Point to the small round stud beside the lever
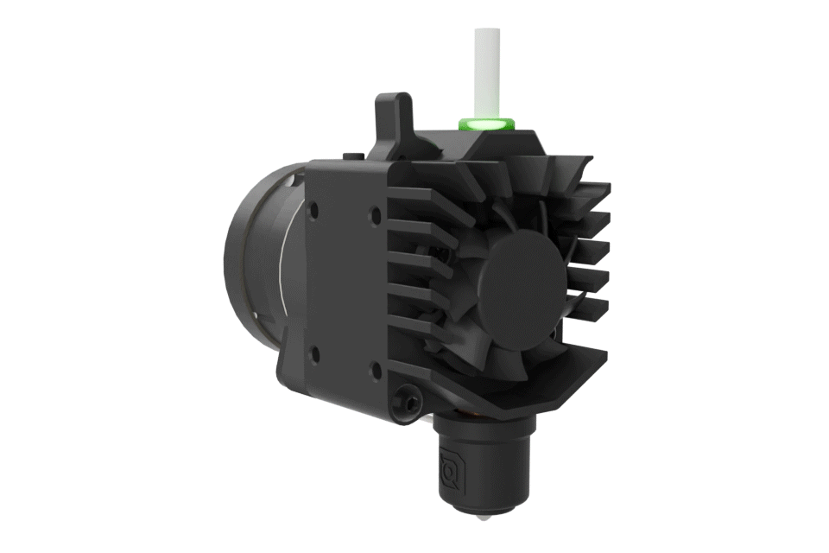(349, 155)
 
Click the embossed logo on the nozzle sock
(450, 467)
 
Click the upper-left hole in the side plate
(314, 208)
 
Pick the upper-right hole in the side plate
(375, 211)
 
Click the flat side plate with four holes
(345, 276)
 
